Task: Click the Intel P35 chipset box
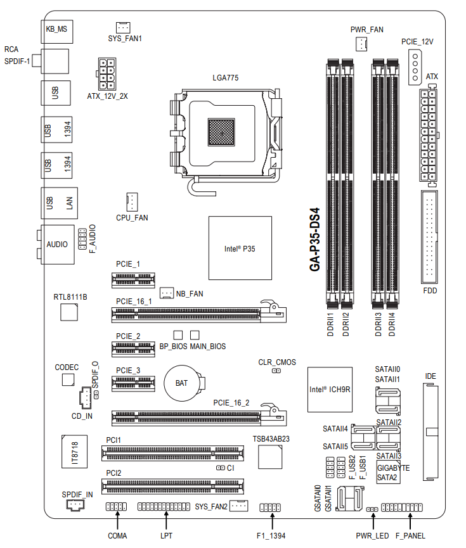click(x=240, y=248)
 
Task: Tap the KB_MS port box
click(x=56, y=31)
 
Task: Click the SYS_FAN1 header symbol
click(x=123, y=27)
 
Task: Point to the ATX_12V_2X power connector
click(x=107, y=74)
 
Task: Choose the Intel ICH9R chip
click(x=330, y=390)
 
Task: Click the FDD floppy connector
click(x=429, y=237)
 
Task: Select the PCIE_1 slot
click(x=133, y=279)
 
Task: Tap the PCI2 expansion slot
click(x=172, y=486)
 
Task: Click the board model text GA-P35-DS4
click(x=314, y=239)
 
